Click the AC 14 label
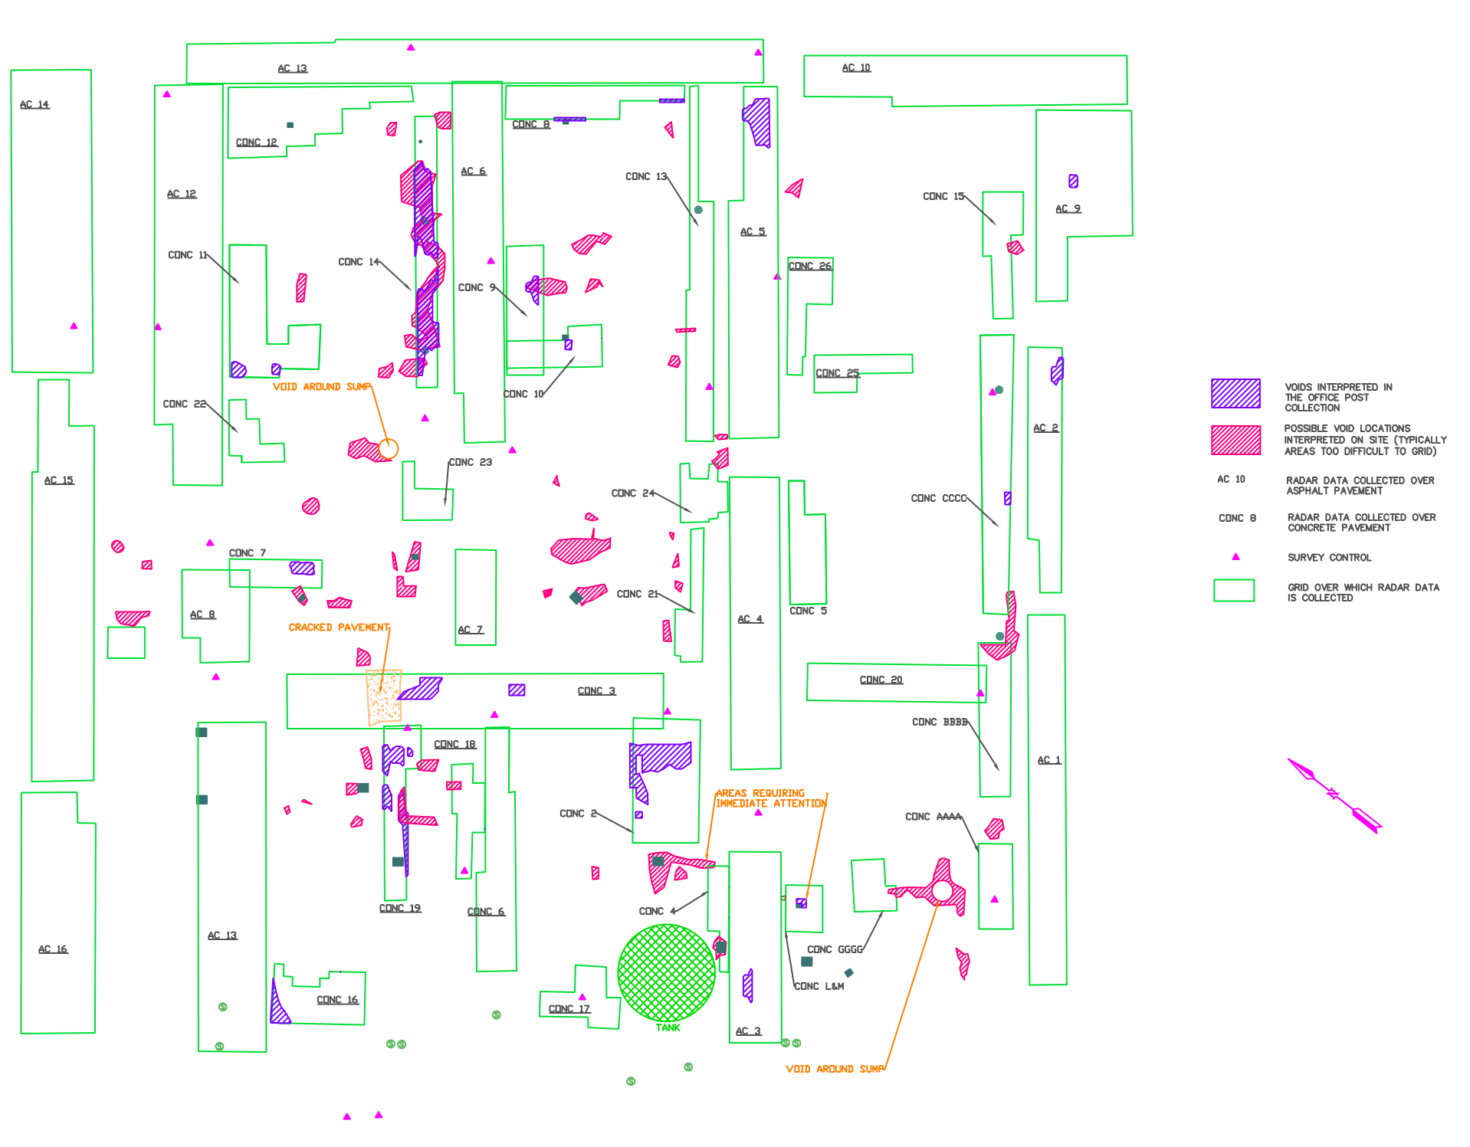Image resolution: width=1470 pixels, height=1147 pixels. pos(34,104)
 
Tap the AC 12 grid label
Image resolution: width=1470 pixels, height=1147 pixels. pos(182,194)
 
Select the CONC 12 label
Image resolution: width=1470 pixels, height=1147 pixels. pos(256,143)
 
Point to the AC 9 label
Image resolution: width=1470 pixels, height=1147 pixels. pos(1068,208)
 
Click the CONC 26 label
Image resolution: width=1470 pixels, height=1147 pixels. pos(809,266)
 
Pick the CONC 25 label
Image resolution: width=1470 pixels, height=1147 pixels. pos(837,373)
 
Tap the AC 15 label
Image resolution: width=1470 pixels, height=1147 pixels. pos(59,480)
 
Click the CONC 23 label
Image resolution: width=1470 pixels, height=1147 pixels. pos(470,462)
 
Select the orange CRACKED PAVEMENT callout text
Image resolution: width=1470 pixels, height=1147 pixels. pos(339,628)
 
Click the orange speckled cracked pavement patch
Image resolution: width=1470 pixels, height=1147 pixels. pos(384,696)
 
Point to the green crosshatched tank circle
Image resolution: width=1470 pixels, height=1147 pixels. pos(666,972)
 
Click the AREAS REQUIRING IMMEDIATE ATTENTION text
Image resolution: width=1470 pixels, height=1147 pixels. pos(770,798)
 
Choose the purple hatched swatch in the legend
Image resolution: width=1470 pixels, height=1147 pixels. pos(1235,393)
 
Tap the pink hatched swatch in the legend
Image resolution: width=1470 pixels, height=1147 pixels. pos(1235,441)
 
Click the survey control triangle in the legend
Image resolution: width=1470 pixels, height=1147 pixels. pos(1235,557)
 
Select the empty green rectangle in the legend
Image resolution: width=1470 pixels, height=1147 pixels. pos(1233,590)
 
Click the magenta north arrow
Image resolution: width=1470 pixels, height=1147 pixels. pos(1334,795)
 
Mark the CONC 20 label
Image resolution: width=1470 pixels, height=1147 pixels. pos(881,680)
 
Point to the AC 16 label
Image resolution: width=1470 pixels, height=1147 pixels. pos(53,949)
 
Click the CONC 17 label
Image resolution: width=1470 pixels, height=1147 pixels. pos(569,1009)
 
